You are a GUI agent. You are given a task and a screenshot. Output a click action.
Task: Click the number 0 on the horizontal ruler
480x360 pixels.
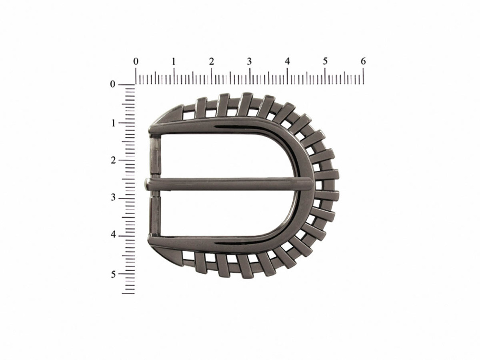136,61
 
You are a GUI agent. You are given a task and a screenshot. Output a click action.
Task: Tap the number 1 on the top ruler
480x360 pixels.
174,61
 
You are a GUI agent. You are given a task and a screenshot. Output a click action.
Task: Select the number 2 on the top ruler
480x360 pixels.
212,61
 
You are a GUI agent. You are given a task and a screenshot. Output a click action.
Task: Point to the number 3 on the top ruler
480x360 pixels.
250,61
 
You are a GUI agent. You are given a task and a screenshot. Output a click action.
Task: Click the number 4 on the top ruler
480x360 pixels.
287,61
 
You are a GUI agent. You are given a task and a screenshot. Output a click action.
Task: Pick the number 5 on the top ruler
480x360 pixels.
325,61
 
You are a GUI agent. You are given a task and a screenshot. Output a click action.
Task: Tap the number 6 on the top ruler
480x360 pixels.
363,61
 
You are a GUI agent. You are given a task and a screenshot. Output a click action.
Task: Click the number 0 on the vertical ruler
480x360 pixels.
113,84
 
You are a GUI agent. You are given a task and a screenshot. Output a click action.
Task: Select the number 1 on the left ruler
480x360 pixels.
113,123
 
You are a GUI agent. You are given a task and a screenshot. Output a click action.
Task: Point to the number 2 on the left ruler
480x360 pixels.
113,160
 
